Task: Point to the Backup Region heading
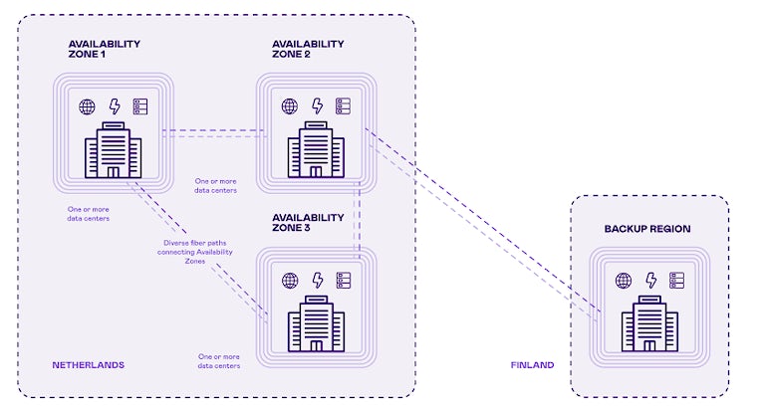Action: (647, 229)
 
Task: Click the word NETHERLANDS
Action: (89, 365)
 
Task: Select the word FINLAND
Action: (532, 365)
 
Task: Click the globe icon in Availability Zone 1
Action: (87, 105)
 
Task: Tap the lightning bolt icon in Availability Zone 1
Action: (114, 105)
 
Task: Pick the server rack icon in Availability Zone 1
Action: (139, 105)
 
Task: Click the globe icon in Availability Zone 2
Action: (290, 105)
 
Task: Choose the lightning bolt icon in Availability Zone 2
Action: (318, 105)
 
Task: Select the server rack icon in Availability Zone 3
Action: (344, 281)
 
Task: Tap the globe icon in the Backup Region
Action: (625, 281)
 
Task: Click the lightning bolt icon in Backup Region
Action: (651, 281)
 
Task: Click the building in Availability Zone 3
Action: (316, 323)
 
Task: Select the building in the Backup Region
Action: (650, 323)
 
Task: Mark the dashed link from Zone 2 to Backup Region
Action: (478, 218)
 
